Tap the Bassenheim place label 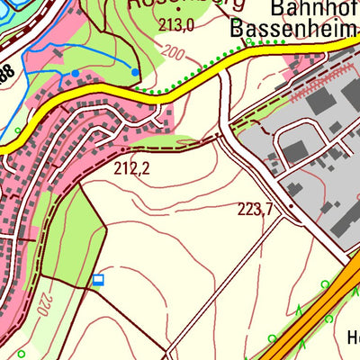click(x=288, y=29)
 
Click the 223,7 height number click(x=255, y=210)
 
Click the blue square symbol click(x=98, y=280)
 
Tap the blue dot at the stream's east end click(x=135, y=72)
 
